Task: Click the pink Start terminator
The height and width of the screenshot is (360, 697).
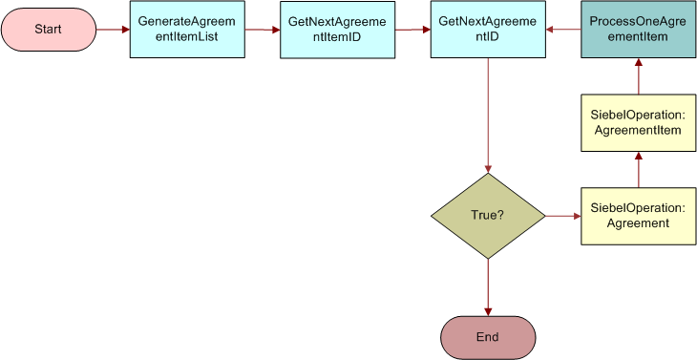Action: (48, 29)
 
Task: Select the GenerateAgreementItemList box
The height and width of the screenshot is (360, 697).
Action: (186, 29)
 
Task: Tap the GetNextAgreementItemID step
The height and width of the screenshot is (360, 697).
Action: (337, 29)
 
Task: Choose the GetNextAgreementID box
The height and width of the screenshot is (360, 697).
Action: (487, 29)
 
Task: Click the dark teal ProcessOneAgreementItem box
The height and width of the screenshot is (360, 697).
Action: (638, 29)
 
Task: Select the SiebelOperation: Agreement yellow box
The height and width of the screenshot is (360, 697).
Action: (638, 216)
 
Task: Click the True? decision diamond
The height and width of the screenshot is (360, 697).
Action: (488, 216)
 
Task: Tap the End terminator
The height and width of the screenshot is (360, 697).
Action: (488, 336)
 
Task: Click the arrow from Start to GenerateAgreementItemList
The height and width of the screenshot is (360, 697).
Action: (112, 29)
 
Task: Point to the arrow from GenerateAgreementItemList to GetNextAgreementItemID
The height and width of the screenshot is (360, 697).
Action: (262, 30)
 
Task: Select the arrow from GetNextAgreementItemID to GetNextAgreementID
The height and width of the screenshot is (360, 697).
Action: (412, 30)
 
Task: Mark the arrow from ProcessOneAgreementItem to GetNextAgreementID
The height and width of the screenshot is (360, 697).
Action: (563, 29)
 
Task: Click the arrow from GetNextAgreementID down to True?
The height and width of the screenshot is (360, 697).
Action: (488, 115)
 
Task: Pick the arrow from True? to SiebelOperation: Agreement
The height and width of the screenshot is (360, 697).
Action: (562, 217)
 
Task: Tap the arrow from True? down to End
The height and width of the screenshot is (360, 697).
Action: (488, 287)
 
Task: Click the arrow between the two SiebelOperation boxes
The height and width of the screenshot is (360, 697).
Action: (638, 170)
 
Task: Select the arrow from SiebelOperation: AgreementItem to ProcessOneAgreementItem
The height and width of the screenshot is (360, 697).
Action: (638, 76)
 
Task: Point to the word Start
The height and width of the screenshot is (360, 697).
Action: (48, 29)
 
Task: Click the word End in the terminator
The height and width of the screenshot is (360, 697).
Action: (488, 336)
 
